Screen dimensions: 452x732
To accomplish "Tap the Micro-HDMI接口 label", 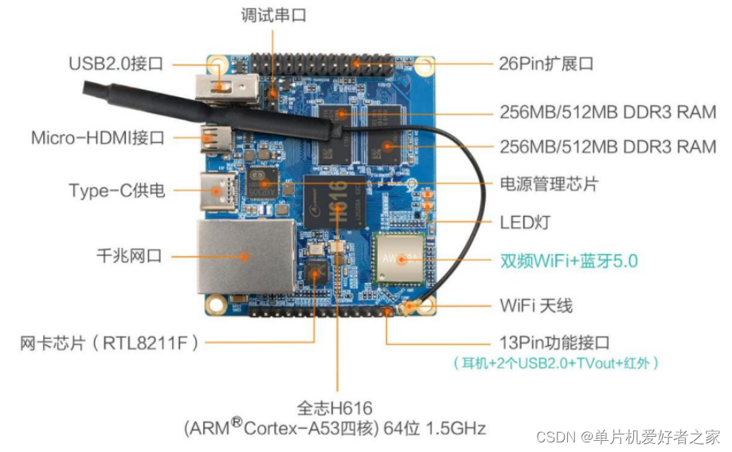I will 98,137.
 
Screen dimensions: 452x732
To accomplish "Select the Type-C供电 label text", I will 117,190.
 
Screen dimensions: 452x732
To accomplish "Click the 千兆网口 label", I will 127,256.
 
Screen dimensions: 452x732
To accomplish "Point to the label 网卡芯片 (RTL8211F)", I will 110,343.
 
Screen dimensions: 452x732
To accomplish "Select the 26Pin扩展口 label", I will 546,64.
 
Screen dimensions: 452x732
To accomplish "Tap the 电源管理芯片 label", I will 549,184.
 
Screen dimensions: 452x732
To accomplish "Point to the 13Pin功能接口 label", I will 554,343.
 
